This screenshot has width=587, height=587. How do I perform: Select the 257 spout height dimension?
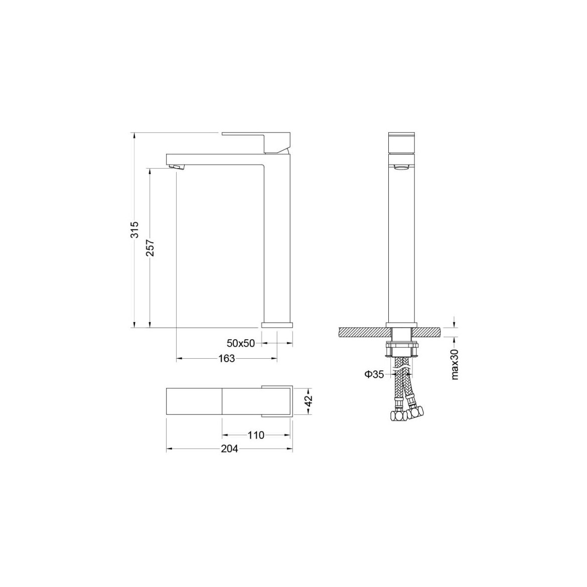click(150, 248)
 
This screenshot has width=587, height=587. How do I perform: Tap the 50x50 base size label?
click(241, 343)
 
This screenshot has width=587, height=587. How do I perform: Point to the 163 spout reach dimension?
click(226, 359)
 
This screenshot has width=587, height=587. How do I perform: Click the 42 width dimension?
click(308, 401)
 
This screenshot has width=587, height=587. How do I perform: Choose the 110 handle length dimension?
click(256, 435)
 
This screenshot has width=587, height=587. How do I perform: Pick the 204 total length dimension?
click(229, 449)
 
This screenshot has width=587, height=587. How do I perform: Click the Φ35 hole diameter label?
click(374, 374)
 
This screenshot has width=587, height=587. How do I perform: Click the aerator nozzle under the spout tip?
click(176, 166)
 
